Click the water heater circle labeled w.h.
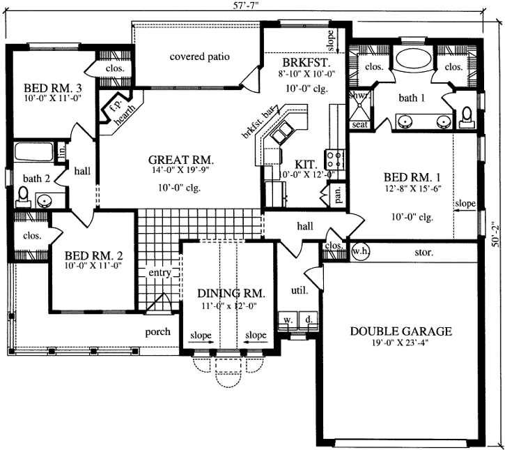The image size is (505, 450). (360, 250)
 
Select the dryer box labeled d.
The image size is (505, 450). (307, 320)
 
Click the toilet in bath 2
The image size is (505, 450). (22, 195)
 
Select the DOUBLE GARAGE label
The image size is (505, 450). (401, 331)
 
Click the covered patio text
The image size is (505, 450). (199, 57)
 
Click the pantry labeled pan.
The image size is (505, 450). (338, 195)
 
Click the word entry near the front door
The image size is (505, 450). (160, 273)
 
